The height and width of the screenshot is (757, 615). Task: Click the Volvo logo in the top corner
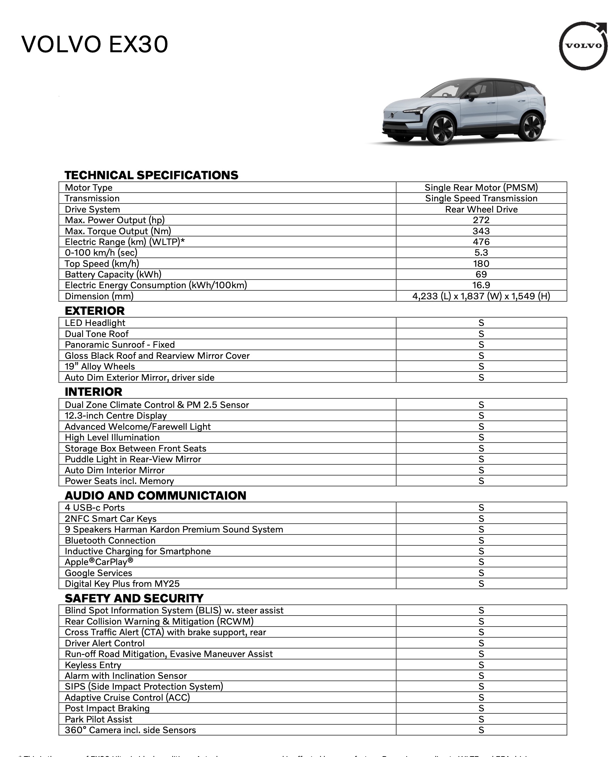(583, 46)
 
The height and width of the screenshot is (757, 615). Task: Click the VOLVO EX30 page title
(94, 45)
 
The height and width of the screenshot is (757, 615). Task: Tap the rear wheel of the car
(530, 126)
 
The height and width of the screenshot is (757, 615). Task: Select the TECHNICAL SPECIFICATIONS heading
(151, 175)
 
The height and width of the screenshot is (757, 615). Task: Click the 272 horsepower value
(481, 220)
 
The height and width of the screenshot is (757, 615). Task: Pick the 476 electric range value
(481, 242)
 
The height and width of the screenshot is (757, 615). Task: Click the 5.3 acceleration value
(481, 253)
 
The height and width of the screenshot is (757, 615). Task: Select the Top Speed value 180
(481, 264)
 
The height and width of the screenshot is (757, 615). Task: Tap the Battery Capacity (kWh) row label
(113, 274)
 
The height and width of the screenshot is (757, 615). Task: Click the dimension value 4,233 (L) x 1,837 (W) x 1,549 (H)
(481, 296)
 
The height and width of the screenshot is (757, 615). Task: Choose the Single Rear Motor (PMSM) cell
(481, 188)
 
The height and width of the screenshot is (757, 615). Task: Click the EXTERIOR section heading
(94, 311)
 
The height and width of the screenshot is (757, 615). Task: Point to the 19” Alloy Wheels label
(100, 366)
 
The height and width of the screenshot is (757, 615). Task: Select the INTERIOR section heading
(93, 392)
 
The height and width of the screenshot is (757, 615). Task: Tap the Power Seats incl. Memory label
(119, 481)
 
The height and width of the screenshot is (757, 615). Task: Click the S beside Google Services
(481, 573)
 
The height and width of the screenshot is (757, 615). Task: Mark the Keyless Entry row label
(93, 665)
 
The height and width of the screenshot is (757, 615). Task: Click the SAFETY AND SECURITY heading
(134, 598)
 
